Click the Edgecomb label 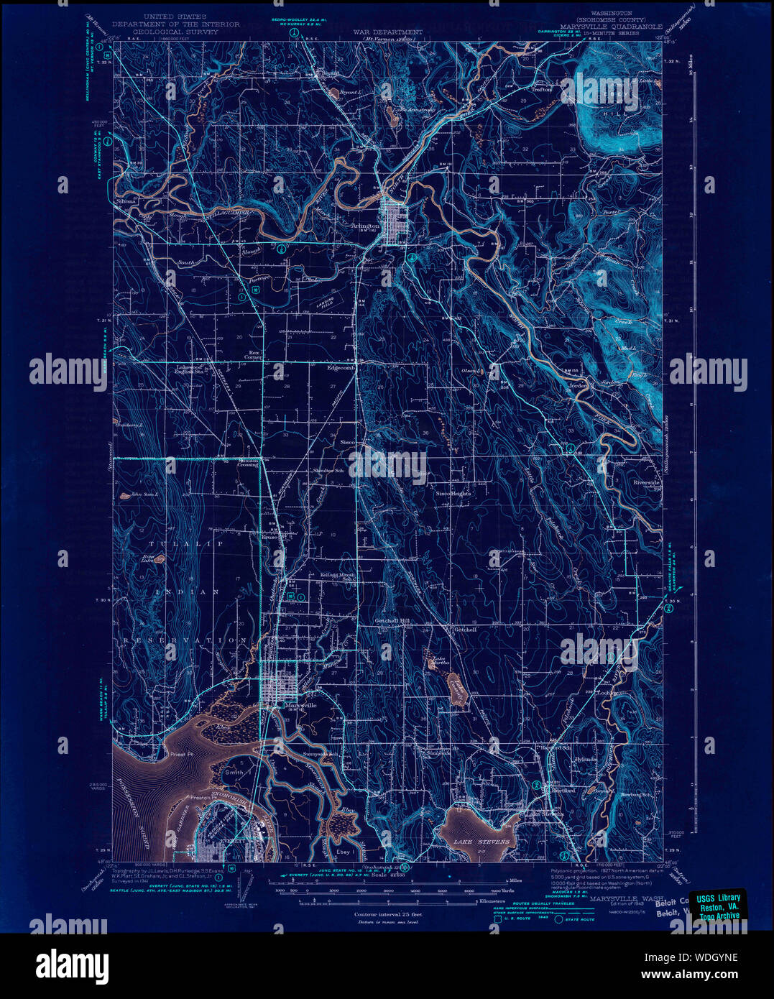click(341, 367)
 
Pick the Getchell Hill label click(392, 620)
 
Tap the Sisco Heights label click(453, 494)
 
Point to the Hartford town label click(563, 790)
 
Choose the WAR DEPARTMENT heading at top click(387, 32)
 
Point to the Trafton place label click(541, 90)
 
